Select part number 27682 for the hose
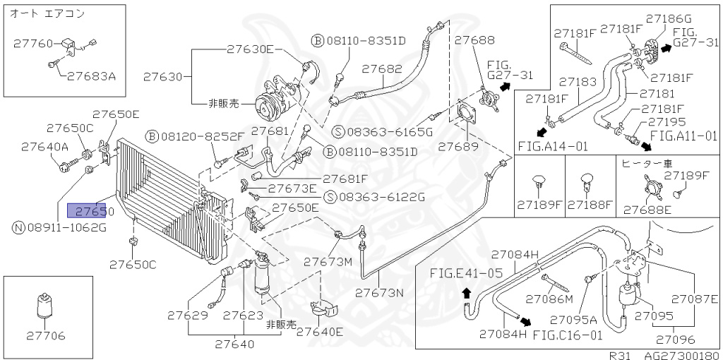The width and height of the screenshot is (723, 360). (x=382, y=69)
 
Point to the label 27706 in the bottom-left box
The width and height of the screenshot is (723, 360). (x=47, y=335)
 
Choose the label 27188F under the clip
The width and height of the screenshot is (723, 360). (x=590, y=205)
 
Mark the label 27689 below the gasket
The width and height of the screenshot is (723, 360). (x=459, y=148)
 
